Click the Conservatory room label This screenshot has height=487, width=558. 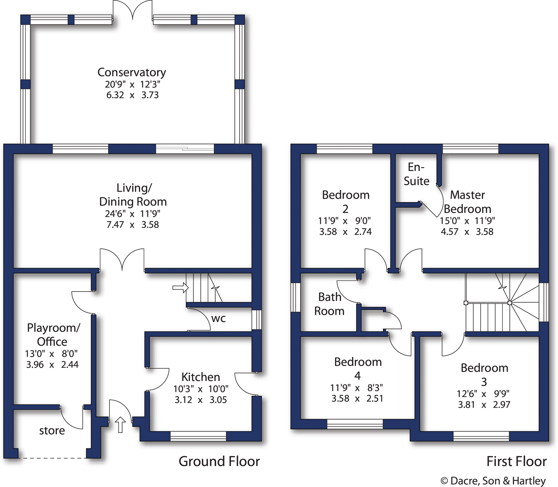[x=132, y=72]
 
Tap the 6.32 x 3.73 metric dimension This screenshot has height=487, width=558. [x=132, y=95]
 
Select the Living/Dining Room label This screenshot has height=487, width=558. [x=133, y=195]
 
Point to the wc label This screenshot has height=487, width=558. [x=218, y=319]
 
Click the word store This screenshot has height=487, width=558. [x=52, y=431]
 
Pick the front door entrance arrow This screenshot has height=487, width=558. [x=120, y=425]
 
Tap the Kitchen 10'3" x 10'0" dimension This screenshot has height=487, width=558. [x=201, y=389]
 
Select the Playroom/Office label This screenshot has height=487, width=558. [x=53, y=334]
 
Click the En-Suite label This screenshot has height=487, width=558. [x=416, y=174]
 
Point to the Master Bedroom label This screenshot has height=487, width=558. [x=467, y=202]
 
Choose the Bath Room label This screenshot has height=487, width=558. [x=329, y=304]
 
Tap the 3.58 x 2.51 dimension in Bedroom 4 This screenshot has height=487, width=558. [x=357, y=399]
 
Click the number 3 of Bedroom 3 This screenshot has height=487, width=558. [x=484, y=382]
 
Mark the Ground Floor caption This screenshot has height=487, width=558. [x=219, y=462]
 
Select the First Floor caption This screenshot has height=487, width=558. [x=516, y=462]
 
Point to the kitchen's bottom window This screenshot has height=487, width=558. [x=198, y=436]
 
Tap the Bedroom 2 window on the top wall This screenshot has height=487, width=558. [x=344, y=149]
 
